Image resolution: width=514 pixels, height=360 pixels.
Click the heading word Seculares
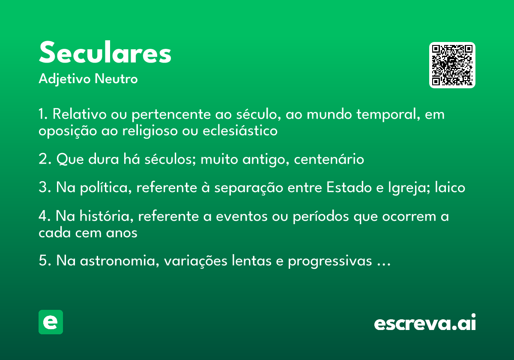click(105, 52)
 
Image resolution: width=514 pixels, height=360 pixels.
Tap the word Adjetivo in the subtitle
click(65, 79)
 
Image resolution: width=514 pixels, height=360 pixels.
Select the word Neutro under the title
click(116, 79)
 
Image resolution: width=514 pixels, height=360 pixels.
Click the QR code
click(452, 65)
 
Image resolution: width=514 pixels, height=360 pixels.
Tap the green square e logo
click(51, 322)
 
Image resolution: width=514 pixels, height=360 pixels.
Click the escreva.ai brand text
click(425, 322)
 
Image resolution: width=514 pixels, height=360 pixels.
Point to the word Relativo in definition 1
click(79, 114)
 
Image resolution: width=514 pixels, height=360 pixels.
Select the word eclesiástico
click(240, 131)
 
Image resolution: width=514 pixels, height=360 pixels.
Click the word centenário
click(329, 159)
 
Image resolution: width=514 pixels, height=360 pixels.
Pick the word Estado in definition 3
click(349, 187)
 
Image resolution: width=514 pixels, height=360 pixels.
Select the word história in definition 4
click(107, 216)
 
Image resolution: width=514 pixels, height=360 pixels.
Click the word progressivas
click(330, 261)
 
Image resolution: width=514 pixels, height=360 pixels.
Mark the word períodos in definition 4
click(321, 216)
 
